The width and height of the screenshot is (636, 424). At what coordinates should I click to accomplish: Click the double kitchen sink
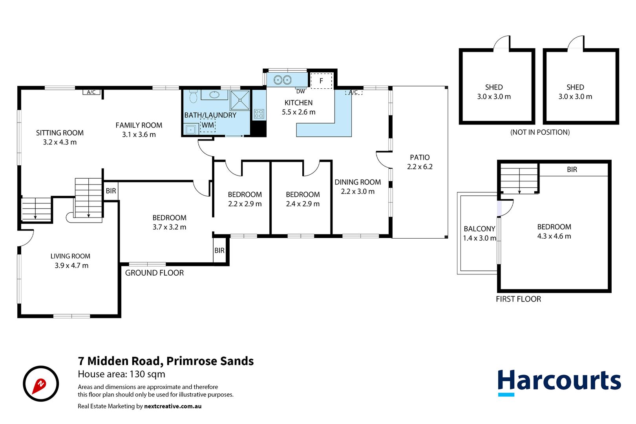(x=283, y=80)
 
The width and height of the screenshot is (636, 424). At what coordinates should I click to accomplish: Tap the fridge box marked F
(x=321, y=81)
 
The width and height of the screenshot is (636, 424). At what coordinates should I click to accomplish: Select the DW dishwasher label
(x=300, y=91)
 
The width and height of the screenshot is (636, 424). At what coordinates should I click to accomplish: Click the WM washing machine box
(x=208, y=125)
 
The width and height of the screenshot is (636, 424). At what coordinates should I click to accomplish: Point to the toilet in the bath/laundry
(x=193, y=97)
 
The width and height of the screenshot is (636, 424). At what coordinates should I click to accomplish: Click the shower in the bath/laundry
(x=240, y=100)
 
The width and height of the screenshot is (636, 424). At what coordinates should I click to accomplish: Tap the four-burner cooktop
(x=259, y=114)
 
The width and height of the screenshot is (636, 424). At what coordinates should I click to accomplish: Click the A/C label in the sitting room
(x=91, y=92)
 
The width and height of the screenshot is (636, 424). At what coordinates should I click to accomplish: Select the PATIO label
(x=420, y=157)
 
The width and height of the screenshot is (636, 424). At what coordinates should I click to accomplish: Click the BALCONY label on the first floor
(x=479, y=229)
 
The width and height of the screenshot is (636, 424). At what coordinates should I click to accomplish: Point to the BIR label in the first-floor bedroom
(x=572, y=170)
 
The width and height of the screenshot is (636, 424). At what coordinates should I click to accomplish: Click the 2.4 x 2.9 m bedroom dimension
(x=303, y=204)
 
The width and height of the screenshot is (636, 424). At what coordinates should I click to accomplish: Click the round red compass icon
(x=41, y=384)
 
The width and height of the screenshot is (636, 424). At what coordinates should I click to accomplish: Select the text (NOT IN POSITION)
(x=540, y=132)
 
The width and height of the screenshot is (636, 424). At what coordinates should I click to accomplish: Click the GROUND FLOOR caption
(x=154, y=273)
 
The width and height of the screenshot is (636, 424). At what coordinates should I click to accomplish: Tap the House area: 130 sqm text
(x=121, y=374)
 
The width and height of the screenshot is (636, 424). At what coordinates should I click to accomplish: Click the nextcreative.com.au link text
(x=173, y=406)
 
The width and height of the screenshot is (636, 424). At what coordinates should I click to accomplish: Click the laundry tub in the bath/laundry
(x=191, y=129)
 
